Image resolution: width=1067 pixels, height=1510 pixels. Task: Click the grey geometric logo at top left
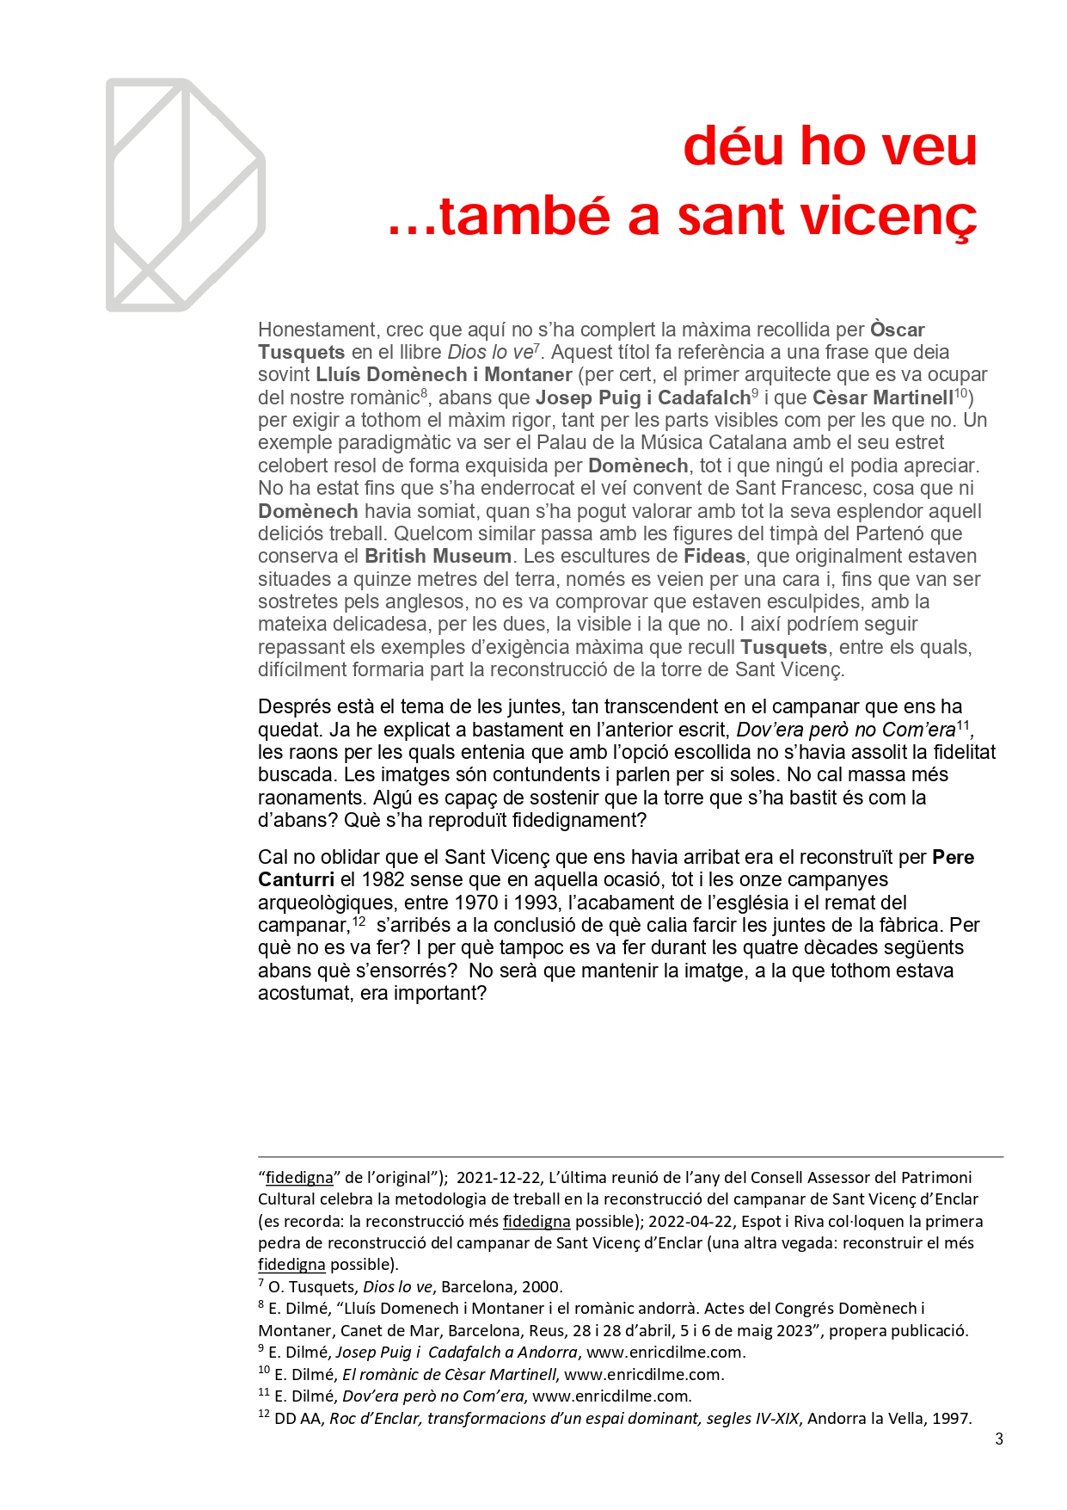[x=185, y=195]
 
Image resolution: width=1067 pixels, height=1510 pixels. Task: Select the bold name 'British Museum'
[x=438, y=556]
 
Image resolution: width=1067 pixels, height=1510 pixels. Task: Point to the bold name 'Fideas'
[x=714, y=556]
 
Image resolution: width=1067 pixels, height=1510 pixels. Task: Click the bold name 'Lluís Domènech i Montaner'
[x=444, y=374]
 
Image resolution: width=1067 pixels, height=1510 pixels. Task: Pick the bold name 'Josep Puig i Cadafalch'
[x=643, y=398]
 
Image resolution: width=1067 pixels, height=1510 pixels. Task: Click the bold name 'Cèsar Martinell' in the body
[x=883, y=398]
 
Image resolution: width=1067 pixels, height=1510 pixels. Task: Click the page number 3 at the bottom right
[x=999, y=1439]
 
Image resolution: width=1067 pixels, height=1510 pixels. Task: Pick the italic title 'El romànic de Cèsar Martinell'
[x=449, y=1375]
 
